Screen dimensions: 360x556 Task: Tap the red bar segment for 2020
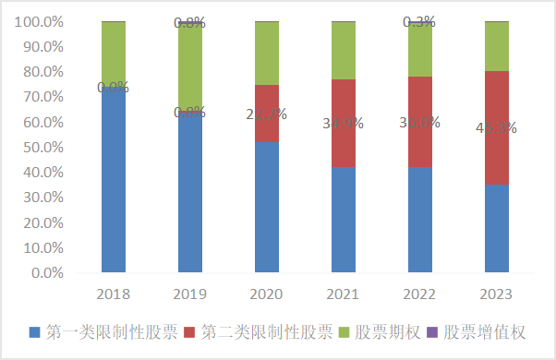pos(267,113)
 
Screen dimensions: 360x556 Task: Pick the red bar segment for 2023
pos(497,127)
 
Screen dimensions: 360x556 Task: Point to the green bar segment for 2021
pos(344,50)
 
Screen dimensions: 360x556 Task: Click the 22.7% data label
pos(267,114)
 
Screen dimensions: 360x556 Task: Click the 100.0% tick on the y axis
pos(39,21)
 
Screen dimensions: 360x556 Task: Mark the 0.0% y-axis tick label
pos(45,273)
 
